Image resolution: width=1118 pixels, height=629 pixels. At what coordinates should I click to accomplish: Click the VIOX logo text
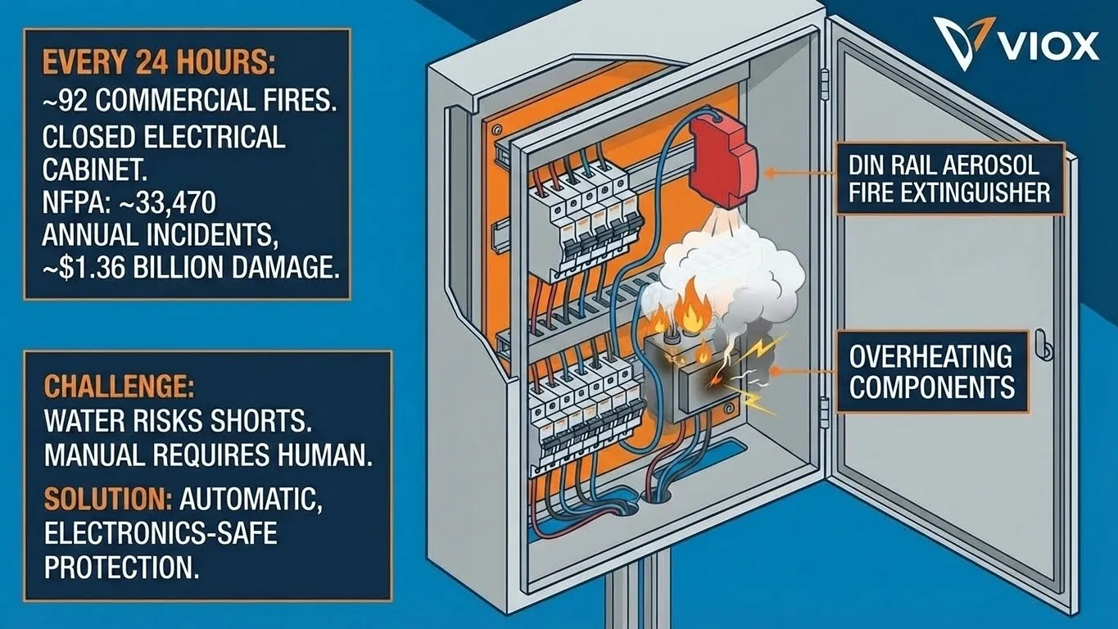(1049, 44)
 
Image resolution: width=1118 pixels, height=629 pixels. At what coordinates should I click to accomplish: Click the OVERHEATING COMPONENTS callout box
(931, 371)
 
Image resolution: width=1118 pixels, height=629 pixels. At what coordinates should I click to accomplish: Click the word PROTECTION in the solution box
(121, 567)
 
